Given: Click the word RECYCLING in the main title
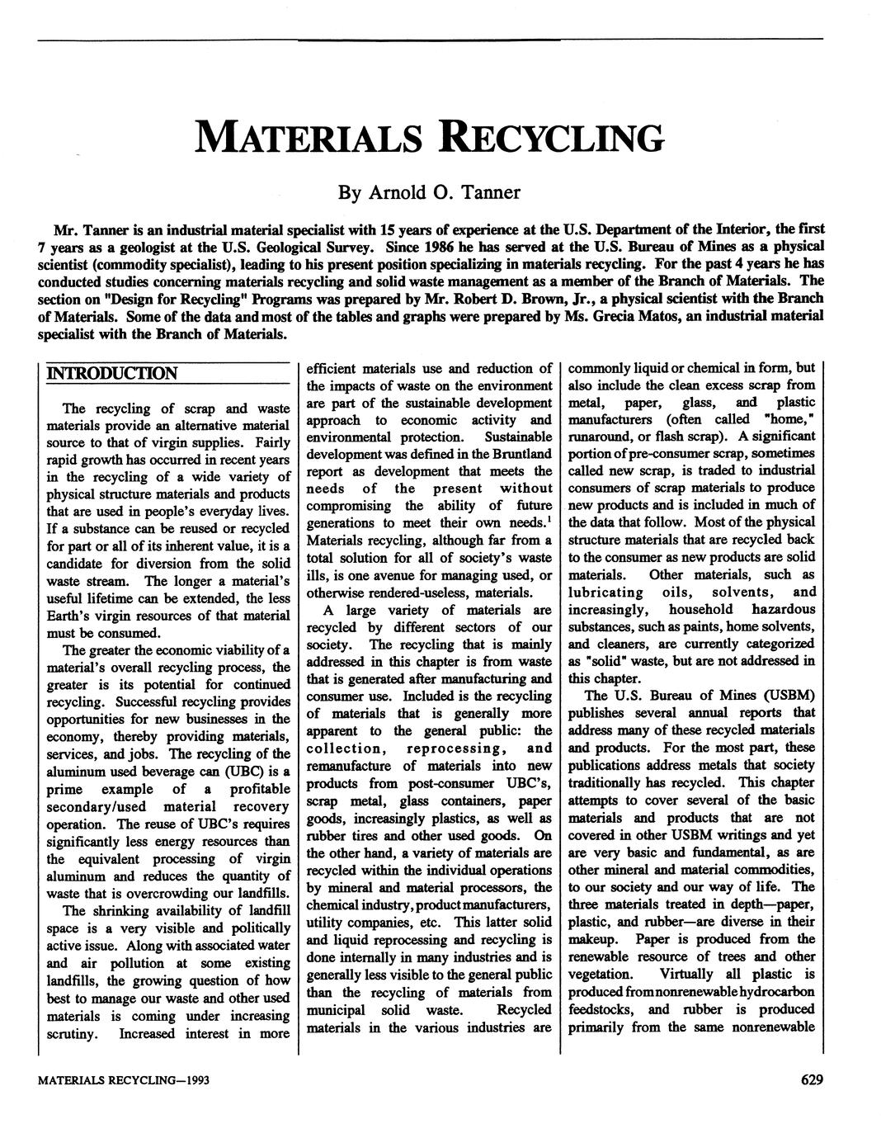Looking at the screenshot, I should pyautogui.click(x=552, y=138).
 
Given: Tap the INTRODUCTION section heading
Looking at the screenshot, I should pyautogui.click(x=112, y=374).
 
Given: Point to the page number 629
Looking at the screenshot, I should pyautogui.click(x=812, y=1080).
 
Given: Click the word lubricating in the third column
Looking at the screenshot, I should pyautogui.click(x=606, y=592).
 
